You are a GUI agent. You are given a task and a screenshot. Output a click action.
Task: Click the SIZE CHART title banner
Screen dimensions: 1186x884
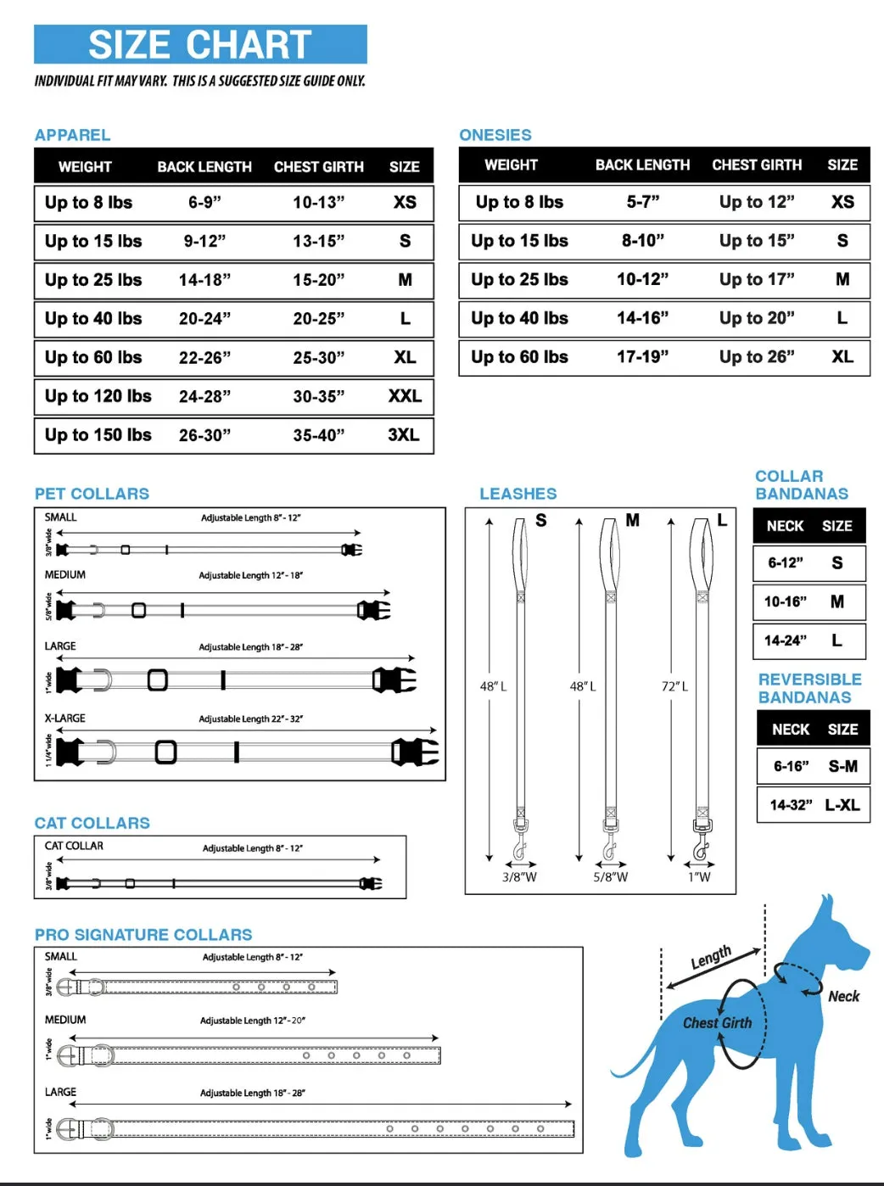(x=200, y=44)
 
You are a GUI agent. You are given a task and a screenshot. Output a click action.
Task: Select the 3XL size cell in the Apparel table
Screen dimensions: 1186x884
(x=404, y=435)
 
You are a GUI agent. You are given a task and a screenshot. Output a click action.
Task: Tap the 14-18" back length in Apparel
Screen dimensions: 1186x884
(x=204, y=280)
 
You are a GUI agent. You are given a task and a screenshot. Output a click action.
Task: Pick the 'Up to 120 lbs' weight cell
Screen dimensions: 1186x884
(x=98, y=396)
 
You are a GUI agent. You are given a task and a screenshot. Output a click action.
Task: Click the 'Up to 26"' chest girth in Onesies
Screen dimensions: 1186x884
(x=757, y=357)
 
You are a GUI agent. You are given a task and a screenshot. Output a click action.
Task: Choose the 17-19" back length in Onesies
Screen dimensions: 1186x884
(x=642, y=357)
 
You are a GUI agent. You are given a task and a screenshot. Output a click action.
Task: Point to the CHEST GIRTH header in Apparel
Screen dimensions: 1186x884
(x=318, y=167)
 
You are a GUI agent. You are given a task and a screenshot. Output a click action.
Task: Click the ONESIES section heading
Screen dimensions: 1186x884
(x=495, y=135)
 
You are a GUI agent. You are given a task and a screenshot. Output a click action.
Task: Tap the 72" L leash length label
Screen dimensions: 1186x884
(x=674, y=686)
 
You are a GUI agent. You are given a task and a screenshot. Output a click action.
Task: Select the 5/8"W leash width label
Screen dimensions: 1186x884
(x=610, y=877)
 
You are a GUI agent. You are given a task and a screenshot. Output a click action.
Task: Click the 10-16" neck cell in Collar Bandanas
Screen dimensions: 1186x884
(x=785, y=601)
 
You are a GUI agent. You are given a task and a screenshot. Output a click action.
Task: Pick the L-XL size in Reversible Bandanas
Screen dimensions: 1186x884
(x=842, y=805)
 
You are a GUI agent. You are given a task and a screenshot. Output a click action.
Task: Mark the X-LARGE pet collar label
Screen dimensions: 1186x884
(x=65, y=719)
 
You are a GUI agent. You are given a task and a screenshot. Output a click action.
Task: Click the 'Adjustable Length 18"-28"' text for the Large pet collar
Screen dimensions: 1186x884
(x=250, y=647)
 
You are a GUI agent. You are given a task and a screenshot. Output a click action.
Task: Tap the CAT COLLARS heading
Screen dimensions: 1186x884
(x=92, y=823)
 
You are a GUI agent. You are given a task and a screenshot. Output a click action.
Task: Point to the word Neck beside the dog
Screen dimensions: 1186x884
(x=843, y=996)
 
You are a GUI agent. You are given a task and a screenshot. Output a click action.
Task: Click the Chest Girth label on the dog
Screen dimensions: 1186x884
(x=717, y=1023)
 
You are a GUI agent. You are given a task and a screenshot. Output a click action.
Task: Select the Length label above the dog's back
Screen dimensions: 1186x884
(x=710, y=957)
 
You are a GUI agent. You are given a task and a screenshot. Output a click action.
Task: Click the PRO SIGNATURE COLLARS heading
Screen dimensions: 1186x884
(x=143, y=935)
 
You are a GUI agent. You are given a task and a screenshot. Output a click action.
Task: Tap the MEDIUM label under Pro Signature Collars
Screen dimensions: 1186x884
(x=65, y=1020)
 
